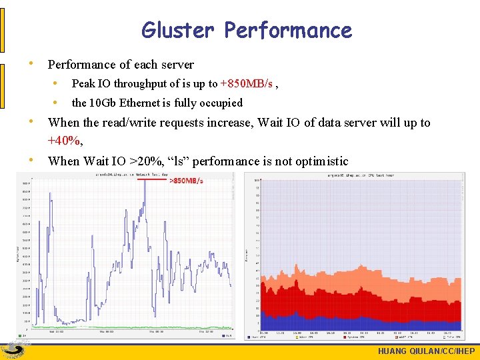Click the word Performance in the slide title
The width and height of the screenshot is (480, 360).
(288, 30)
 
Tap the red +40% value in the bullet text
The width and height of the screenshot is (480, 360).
(64, 141)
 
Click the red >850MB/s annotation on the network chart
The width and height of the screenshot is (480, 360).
(186, 181)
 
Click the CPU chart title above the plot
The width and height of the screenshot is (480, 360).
(360, 175)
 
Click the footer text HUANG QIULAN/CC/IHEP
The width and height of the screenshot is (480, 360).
(426, 351)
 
